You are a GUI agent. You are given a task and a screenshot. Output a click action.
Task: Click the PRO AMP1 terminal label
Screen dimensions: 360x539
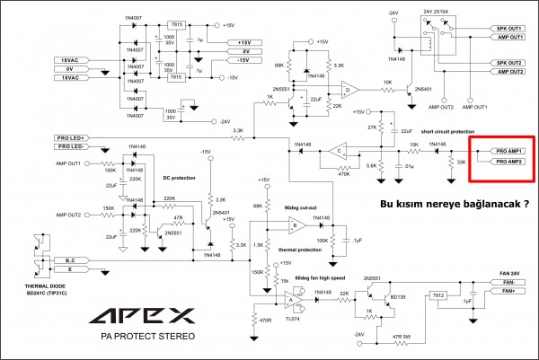click(504, 150)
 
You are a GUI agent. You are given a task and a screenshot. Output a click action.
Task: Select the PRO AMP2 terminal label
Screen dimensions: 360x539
click(504, 162)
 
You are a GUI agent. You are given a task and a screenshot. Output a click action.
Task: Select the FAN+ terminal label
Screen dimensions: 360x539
click(509, 291)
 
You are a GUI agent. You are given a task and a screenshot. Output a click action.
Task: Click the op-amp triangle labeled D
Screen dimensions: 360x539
click(348, 89)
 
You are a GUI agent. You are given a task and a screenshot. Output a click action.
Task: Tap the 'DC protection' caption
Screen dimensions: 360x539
click(180, 177)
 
